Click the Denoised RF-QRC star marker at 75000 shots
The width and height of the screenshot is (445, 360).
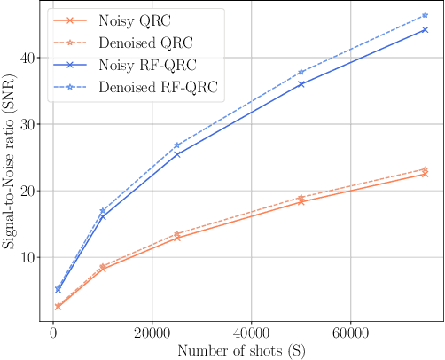coord(425,15)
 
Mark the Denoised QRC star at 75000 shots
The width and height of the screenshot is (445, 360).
coord(425,168)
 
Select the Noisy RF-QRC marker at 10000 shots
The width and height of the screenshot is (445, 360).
coord(103,216)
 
